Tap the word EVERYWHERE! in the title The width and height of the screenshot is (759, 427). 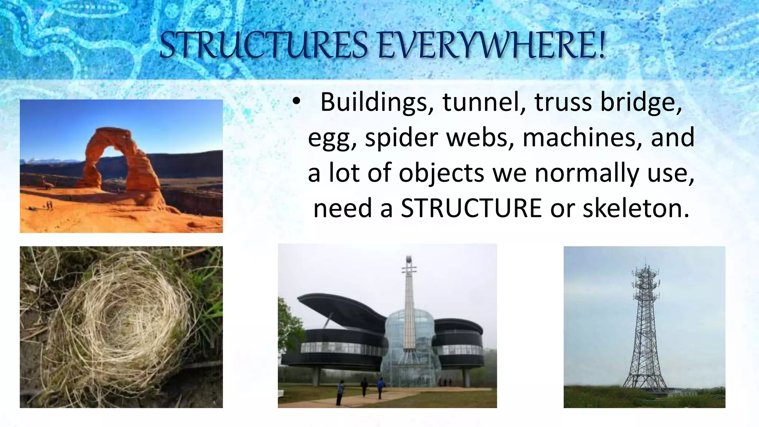pyautogui.click(x=491, y=45)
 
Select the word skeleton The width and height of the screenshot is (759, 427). pyautogui.click(x=636, y=208)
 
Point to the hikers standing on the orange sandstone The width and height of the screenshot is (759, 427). pyautogui.click(x=49, y=205)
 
